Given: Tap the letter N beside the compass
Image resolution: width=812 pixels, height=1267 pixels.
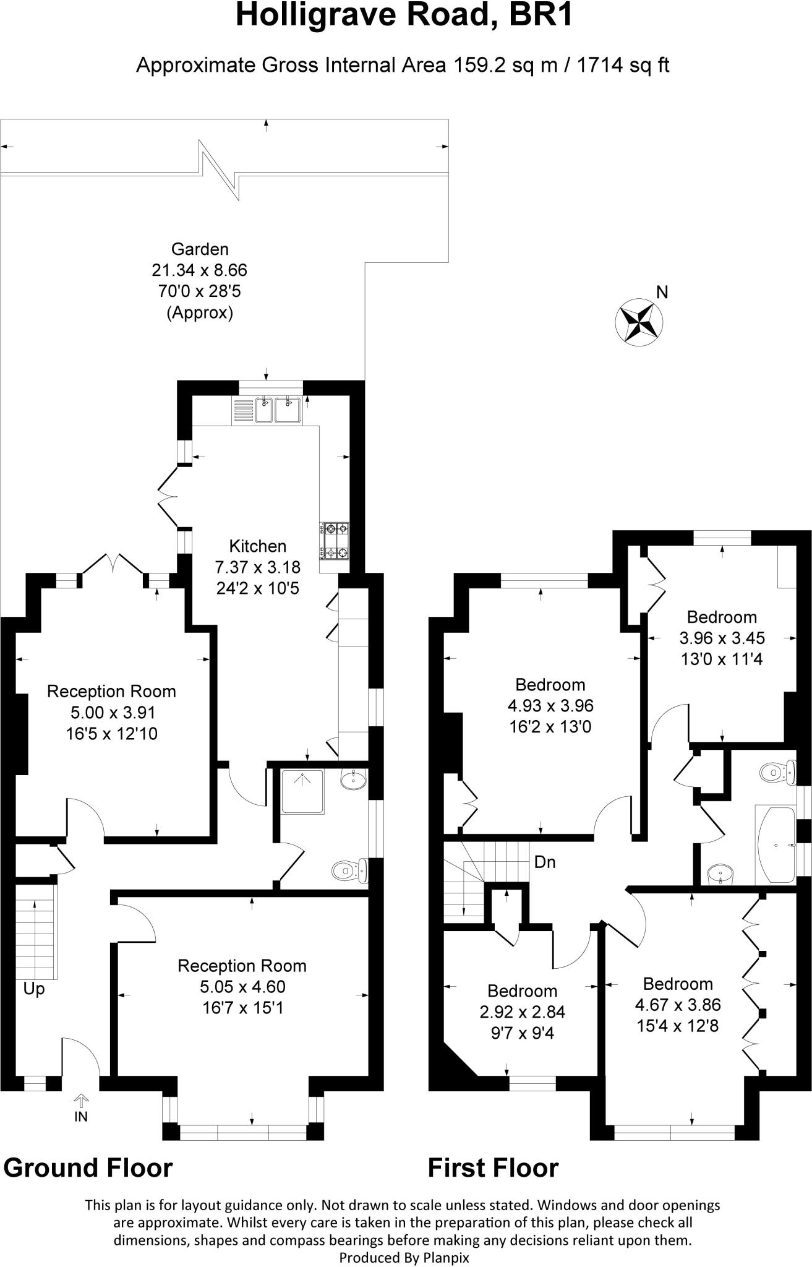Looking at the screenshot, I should [662, 292].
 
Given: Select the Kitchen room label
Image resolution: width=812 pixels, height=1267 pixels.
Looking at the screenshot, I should [258, 546].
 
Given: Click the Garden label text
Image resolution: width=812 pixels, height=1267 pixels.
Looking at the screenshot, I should [200, 249].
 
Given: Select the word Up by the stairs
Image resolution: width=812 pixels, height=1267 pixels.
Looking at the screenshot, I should [34, 989].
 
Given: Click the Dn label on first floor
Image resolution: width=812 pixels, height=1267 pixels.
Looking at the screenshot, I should [544, 861].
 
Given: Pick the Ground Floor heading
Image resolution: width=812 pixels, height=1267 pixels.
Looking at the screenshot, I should [88, 1167].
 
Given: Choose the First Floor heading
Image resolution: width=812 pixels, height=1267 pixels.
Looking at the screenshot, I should [493, 1167].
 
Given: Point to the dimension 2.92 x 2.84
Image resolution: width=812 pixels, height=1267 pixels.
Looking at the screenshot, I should [523, 1012].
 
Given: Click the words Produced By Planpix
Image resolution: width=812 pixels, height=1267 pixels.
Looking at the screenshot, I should [404, 1258].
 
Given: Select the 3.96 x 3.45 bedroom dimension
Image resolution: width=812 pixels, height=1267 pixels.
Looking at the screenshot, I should [722, 638].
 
